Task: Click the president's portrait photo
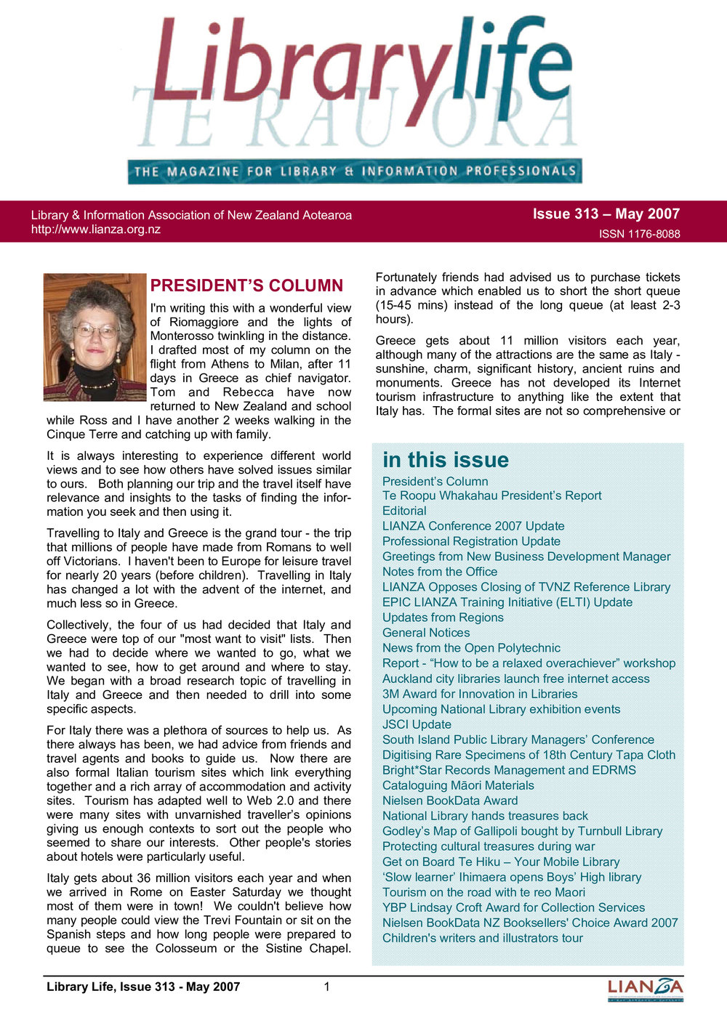(95, 337)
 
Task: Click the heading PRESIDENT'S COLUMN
(246, 286)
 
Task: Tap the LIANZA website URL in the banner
(95, 230)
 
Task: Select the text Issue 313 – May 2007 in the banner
(606, 214)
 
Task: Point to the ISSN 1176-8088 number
(639, 234)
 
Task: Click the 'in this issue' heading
(445, 460)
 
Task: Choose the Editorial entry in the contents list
(404, 511)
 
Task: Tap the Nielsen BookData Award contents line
(450, 801)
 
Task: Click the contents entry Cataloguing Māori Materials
(458, 785)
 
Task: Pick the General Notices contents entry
(426, 633)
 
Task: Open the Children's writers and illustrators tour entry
(483, 938)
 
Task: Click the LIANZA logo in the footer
(645, 989)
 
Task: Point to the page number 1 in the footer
(327, 987)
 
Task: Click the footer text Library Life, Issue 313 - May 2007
(143, 987)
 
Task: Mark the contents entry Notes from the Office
(440, 572)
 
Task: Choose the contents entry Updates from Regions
(443, 618)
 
